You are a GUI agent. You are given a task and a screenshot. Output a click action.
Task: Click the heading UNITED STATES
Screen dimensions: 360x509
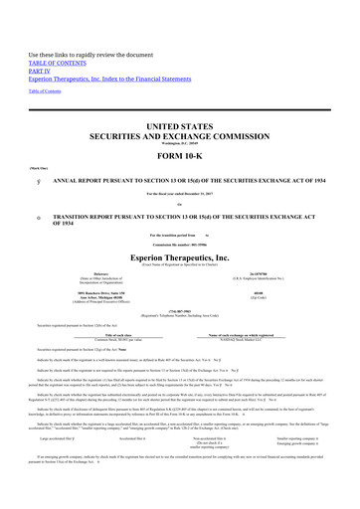click(x=180, y=116)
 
